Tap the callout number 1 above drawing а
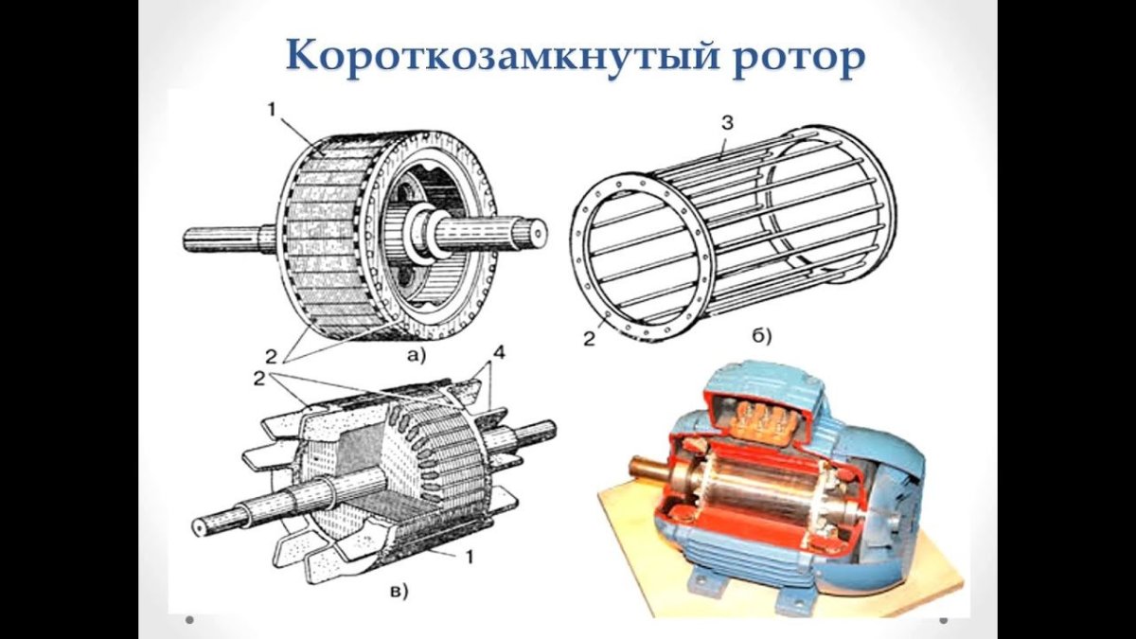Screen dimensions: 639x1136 pyautogui.click(x=272, y=110)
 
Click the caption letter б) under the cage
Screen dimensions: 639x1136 pyautogui.click(x=762, y=335)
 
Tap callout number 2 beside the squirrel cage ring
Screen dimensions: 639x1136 pyautogui.click(x=589, y=338)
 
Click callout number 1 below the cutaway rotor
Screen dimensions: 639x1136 pyautogui.click(x=468, y=559)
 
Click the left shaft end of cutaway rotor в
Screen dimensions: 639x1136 pyautogui.click(x=199, y=526)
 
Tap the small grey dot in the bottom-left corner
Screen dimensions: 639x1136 pyautogui.click(x=189, y=620)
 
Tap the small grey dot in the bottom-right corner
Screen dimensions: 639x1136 pyautogui.click(x=944, y=620)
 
